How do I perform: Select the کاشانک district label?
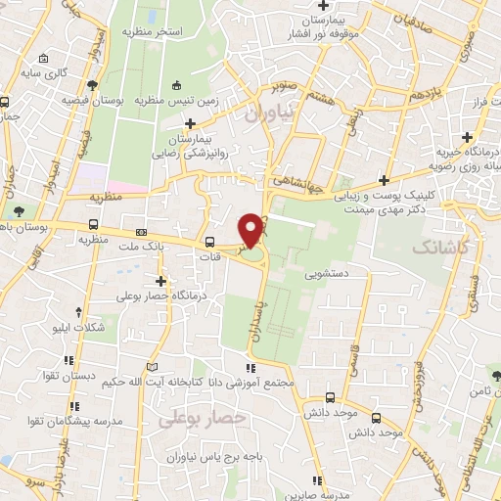(x=448, y=250)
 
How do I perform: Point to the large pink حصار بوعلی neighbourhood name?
(x=197, y=418)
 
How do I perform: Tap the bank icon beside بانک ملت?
(x=142, y=233)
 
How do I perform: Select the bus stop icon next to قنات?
(x=208, y=243)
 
